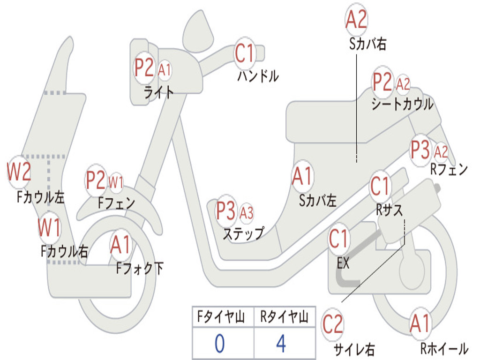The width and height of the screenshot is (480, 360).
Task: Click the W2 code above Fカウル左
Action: click(19, 171)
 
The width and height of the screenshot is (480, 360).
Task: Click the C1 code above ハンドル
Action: click(244, 53)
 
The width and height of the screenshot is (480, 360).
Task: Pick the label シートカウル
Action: click(402, 104)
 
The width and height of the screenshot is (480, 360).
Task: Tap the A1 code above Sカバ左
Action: click(302, 177)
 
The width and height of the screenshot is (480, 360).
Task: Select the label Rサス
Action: click(389, 210)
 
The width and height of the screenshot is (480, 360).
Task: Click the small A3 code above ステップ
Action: click(247, 213)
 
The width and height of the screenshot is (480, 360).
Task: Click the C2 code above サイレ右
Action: click(333, 325)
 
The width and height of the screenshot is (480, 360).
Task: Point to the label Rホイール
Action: click(443, 348)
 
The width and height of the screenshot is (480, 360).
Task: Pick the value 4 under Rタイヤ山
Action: click(281, 344)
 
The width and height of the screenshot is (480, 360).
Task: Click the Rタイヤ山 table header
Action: click(284, 318)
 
